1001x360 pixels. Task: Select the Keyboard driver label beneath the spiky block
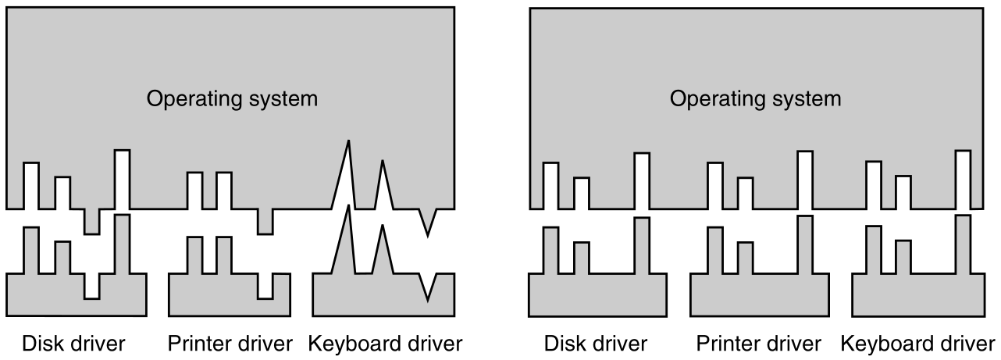click(386, 343)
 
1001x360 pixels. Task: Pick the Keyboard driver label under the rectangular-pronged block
click(917, 343)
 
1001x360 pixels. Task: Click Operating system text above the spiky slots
click(232, 99)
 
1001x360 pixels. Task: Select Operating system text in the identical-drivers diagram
click(756, 99)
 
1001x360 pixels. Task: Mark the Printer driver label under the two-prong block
click(230, 343)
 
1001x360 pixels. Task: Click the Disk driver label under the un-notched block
click(597, 343)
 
